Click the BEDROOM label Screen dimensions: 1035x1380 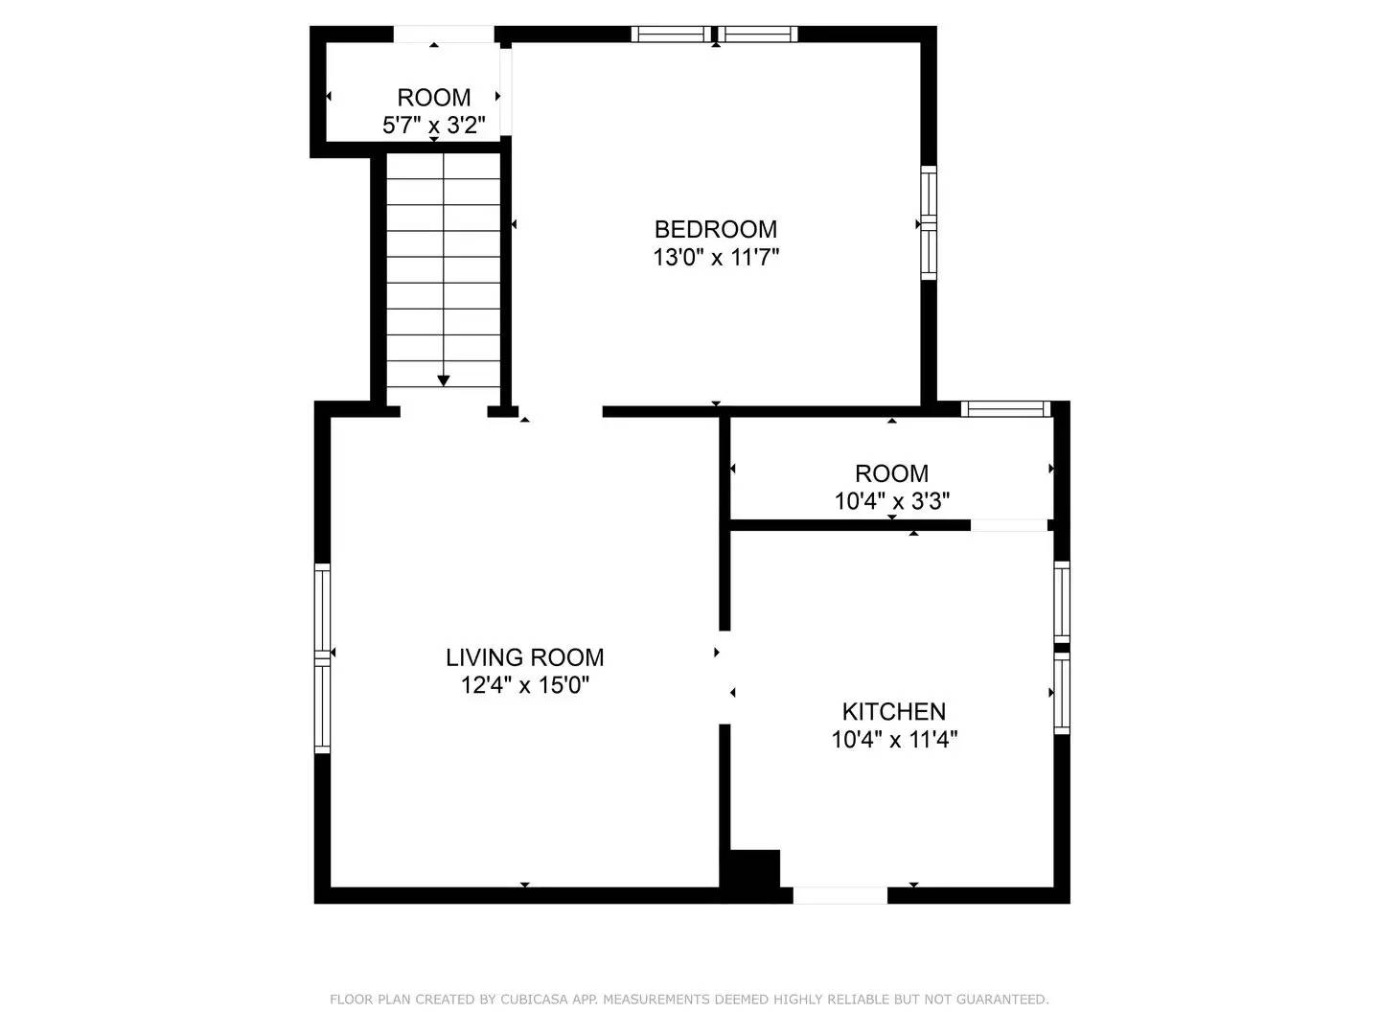point(715,229)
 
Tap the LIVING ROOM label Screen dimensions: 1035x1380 point(524,657)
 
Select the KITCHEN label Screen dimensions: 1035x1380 point(893,711)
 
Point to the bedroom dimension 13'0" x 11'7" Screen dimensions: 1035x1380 point(715,257)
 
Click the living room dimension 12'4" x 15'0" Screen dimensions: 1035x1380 point(524,685)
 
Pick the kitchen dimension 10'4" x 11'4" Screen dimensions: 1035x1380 point(894,739)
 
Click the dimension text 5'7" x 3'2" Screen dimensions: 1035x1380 point(434,125)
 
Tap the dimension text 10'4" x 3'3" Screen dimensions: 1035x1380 point(892,500)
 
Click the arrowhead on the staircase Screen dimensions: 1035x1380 point(443,380)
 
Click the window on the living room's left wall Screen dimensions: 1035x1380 point(323,657)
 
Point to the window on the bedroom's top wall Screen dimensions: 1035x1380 point(714,34)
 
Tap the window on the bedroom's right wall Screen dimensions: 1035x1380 point(928,223)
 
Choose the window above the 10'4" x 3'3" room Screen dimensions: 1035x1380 point(1005,409)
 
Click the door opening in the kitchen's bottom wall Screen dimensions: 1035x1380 point(839,895)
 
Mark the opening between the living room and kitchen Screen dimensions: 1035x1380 point(724,677)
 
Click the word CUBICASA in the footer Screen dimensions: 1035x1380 point(533,1000)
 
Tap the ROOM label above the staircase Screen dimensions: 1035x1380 point(434,98)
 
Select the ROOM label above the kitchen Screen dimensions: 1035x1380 point(892,473)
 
